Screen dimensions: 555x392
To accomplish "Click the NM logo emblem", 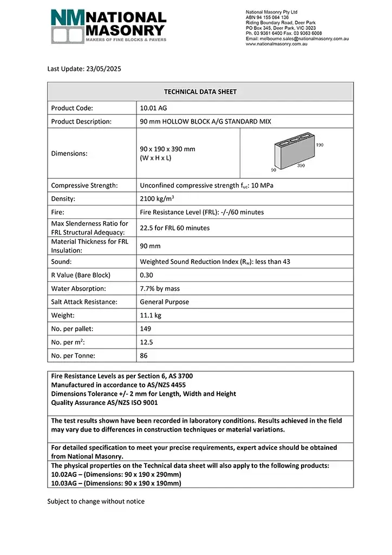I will pyautogui.click(x=68, y=25).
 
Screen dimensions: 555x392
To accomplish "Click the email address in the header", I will pyautogui.click(x=297, y=39).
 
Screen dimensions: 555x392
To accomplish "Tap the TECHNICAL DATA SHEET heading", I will pyautogui.click(x=200, y=92).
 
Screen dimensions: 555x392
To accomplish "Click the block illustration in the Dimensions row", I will pyautogui.click(x=296, y=153).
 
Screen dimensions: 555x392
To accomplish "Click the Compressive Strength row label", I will pyautogui.click(x=84, y=185).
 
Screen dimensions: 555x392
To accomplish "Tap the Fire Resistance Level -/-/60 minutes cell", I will pyautogui.click(x=202, y=212).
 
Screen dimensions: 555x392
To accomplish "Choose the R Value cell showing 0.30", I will pyautogui.click(x=146, y=275).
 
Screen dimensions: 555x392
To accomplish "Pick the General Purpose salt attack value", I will pyautogui.click(x=165, y=302).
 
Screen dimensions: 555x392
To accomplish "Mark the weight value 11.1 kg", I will pyautogui.click(x=151, y=315).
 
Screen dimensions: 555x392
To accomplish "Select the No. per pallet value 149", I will pyautogui.click(x=146, y=328).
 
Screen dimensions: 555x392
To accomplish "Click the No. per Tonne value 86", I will pyautogui.click(x=143, y=356).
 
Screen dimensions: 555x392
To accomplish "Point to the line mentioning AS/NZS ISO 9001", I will pyautogui.click(x=106, y=403).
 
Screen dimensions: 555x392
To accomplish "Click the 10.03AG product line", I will pyautogui.click(x=116, y=482).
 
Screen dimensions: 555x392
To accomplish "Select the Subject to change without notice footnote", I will pyautogui.click(x=96, y=501).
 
